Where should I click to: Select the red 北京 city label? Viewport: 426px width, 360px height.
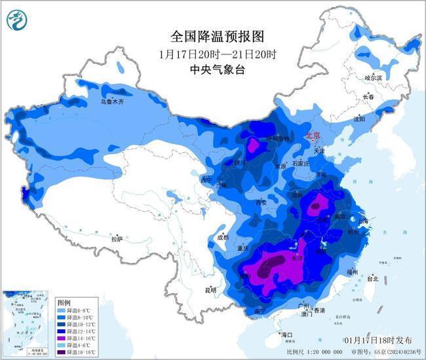pyautogui.click(x=313, y=136)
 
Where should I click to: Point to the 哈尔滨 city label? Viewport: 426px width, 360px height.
pyautogui.click(x=373, y=78)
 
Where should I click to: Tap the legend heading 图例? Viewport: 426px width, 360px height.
pyautogui.click(x=64, y=302)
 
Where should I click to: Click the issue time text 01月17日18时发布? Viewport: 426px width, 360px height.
pyautogui.click(x=378, y=340)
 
